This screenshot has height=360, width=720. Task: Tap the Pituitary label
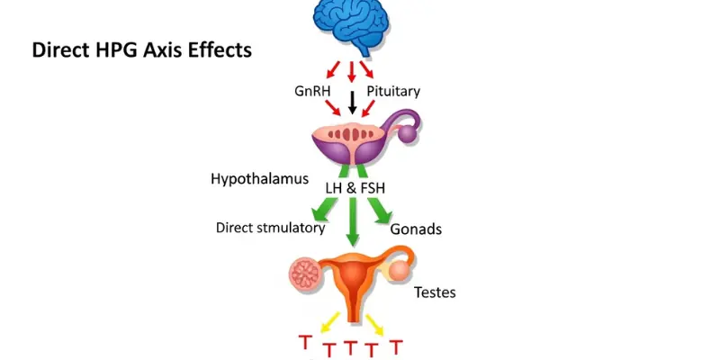[x=393, y=91]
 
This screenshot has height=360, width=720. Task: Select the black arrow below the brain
[x=352, y=103]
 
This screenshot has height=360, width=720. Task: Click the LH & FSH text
[x=353, y=186]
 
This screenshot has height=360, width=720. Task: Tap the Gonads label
[x=416, y=229]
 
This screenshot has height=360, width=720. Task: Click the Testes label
[x=435, y=292]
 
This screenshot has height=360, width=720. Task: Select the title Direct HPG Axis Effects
[x=142, y=49]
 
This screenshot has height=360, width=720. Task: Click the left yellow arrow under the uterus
[x=329, y=319]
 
